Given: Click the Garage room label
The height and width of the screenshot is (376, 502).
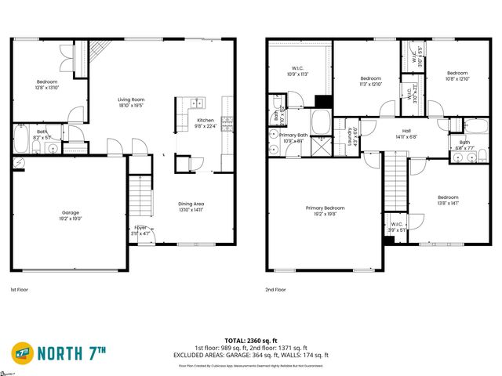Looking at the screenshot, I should (71, 215).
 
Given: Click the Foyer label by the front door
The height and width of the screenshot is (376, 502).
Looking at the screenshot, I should (140, 230).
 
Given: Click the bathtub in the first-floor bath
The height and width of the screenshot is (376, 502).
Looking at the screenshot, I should (21, 141).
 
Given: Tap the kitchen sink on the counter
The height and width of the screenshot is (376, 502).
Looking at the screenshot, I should (195, 103).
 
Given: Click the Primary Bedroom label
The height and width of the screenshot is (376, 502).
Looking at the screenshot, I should (325, 211).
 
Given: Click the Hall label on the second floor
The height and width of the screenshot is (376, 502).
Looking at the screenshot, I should (406, 134).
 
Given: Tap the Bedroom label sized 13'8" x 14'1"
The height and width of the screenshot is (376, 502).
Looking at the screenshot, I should (448, 200).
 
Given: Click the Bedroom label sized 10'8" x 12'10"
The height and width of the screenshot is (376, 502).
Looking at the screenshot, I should (457, 76).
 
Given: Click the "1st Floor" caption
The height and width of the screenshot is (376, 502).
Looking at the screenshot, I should (21, 290).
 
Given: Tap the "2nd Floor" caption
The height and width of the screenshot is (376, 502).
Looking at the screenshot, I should (275, 290).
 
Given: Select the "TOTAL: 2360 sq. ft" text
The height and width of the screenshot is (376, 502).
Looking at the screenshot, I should (251, 342).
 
